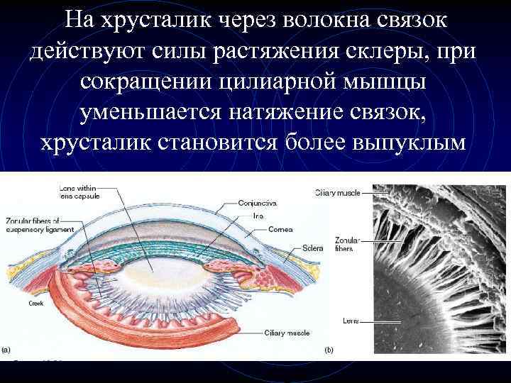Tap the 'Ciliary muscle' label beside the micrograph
(337, 192)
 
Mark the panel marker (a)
(7, 348)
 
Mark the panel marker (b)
(328, 349)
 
